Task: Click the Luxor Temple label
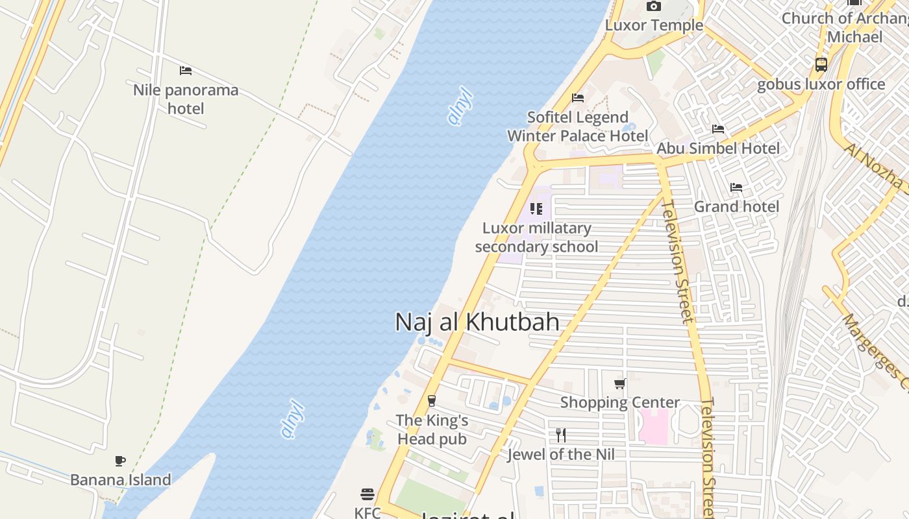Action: (654, 25)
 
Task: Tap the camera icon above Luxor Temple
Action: (654, 6)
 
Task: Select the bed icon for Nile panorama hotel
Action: (186, 70)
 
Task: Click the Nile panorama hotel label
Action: (186, 99)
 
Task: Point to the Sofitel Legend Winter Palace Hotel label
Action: (577, 127)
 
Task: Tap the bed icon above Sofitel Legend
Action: (578, 98)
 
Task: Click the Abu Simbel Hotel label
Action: (718, 148)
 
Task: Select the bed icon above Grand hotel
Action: (736, 187)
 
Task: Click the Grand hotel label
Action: (736, 206)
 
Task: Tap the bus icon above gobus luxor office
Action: (821, 65)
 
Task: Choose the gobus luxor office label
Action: (821, 84)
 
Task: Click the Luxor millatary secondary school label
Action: (536, 237)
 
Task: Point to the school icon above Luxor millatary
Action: (536, 209)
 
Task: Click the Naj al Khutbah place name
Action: (477, 322)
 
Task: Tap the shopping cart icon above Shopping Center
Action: (620, 383)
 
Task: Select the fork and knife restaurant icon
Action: (561, 435)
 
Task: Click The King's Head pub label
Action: (432, 429)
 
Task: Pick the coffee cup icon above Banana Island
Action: (120, 461)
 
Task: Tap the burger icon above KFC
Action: (367, 494)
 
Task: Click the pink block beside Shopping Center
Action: (654, 426)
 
